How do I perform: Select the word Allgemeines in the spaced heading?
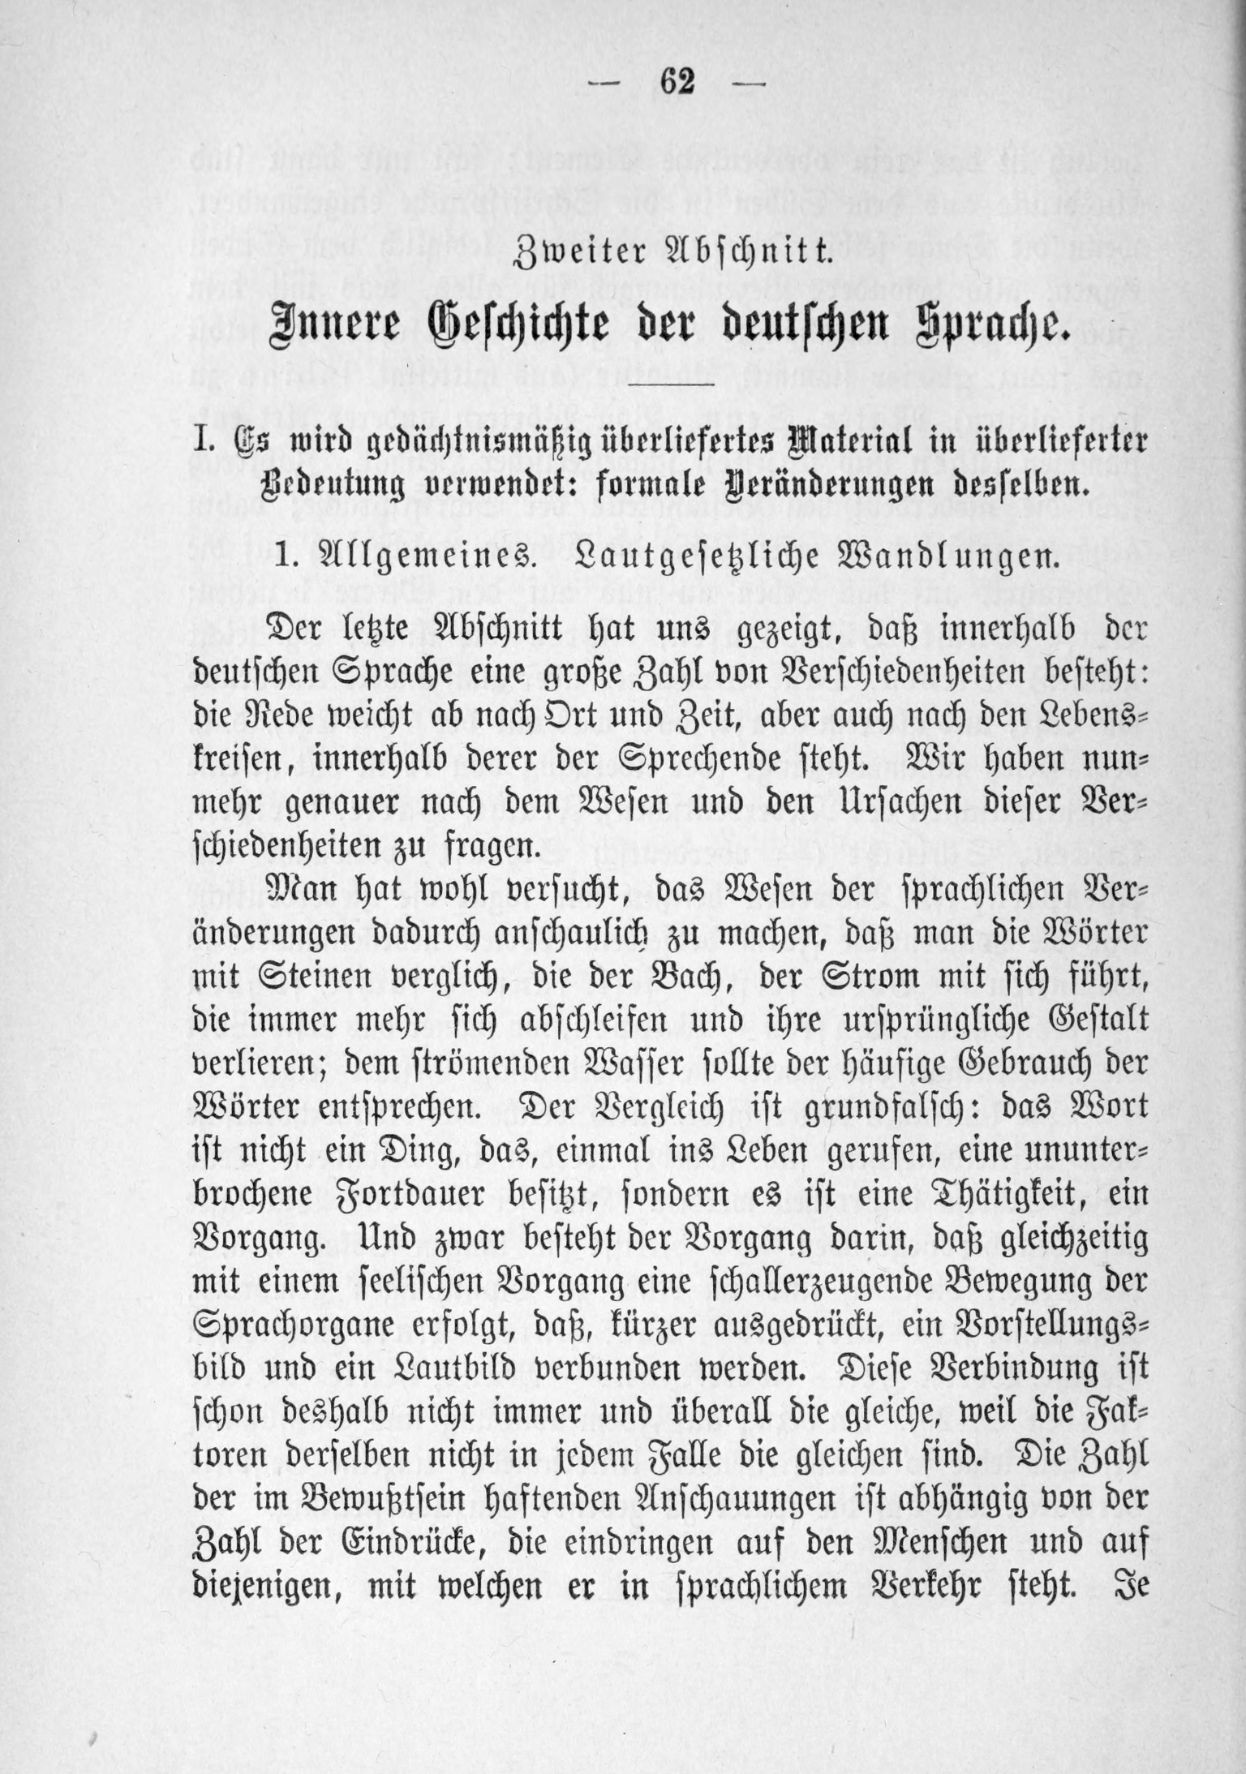coord(417,558)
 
